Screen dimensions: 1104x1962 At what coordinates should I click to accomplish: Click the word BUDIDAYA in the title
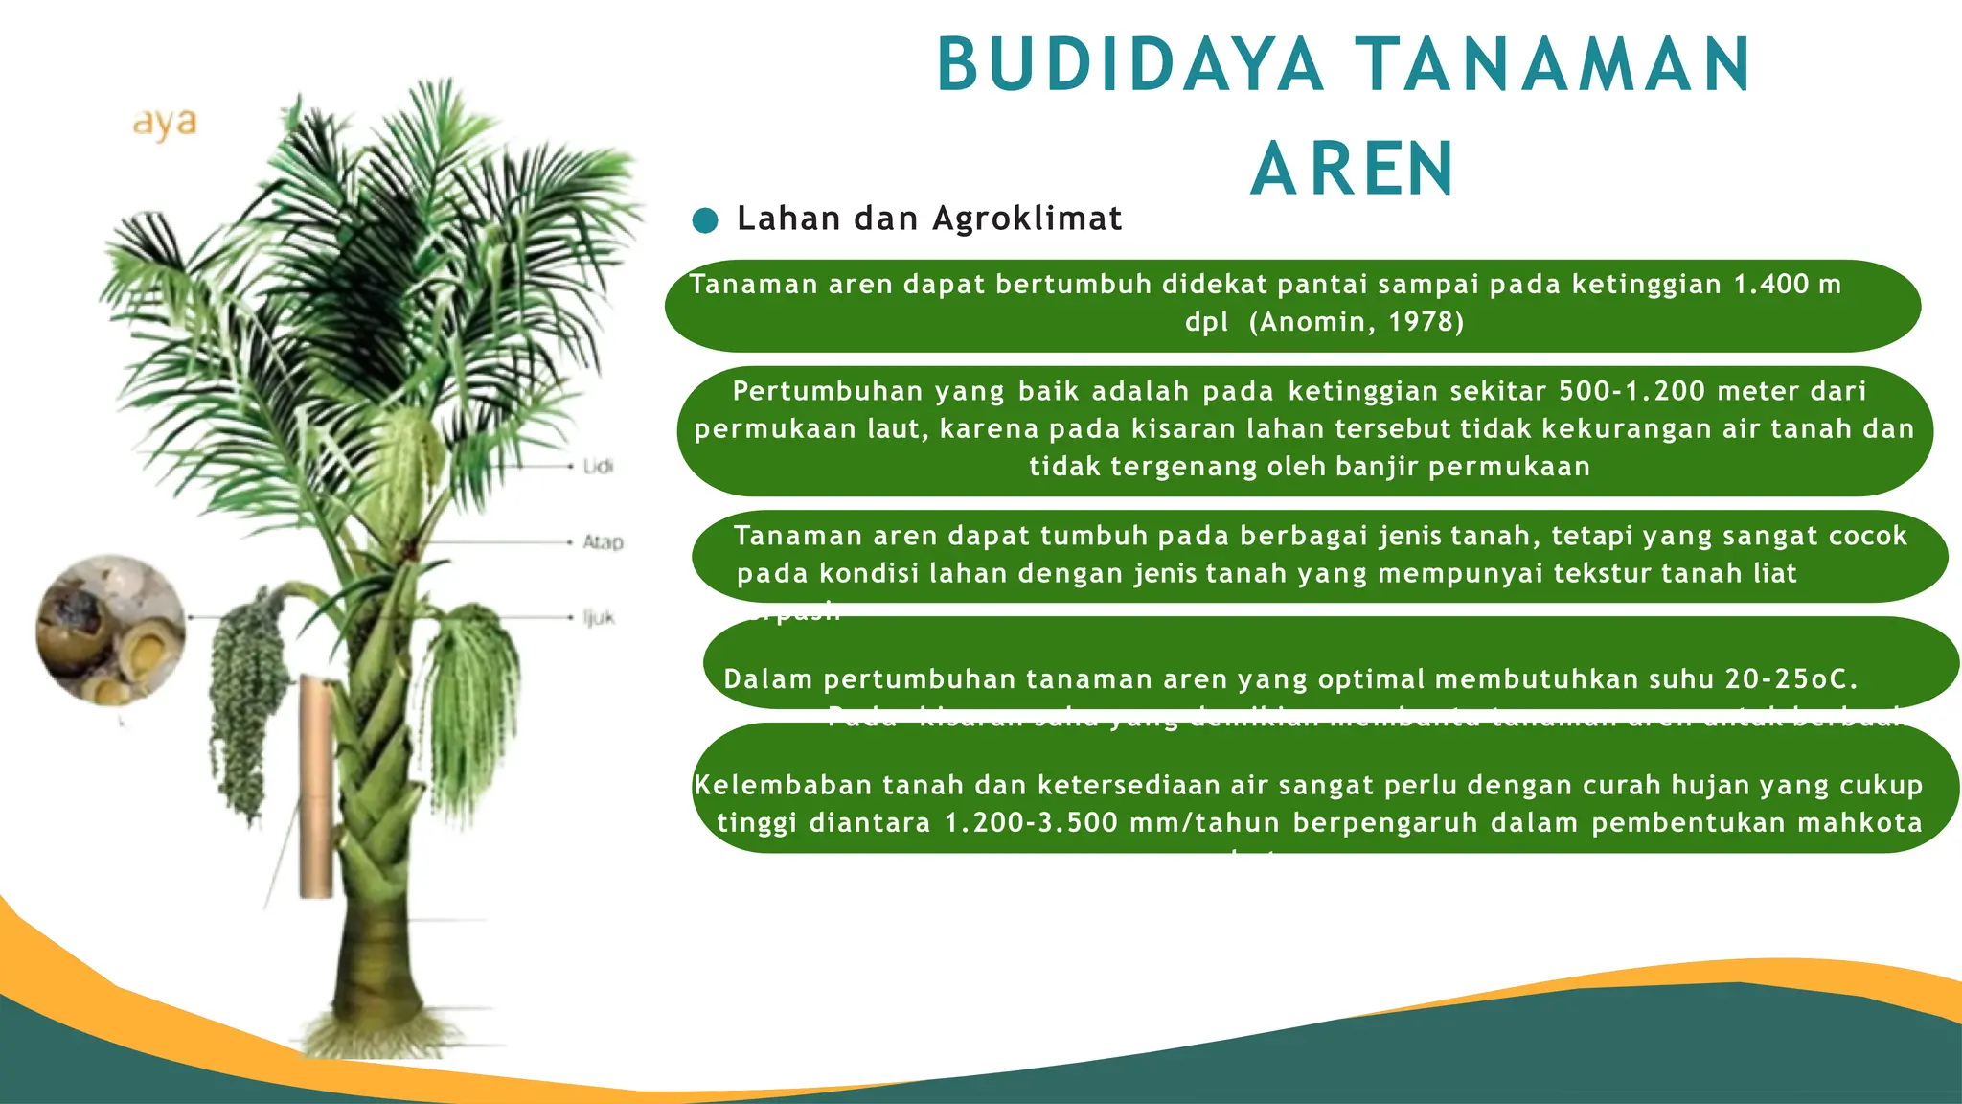1130,65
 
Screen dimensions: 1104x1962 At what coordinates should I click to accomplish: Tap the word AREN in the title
1353,170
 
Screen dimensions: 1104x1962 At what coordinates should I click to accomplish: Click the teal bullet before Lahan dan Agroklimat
705,220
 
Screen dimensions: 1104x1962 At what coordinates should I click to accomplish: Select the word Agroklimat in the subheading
1027,218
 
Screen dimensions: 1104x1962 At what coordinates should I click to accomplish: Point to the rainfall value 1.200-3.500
1031,823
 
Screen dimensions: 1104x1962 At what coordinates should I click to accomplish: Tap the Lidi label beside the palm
599,467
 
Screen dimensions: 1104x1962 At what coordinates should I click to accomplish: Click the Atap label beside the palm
603,542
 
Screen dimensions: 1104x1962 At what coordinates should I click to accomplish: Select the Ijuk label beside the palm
599,618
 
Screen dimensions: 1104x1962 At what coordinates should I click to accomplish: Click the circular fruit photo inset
111,630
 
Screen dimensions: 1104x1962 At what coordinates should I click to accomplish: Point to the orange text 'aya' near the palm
165,123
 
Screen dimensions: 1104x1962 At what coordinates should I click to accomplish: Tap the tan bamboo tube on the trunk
315,786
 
